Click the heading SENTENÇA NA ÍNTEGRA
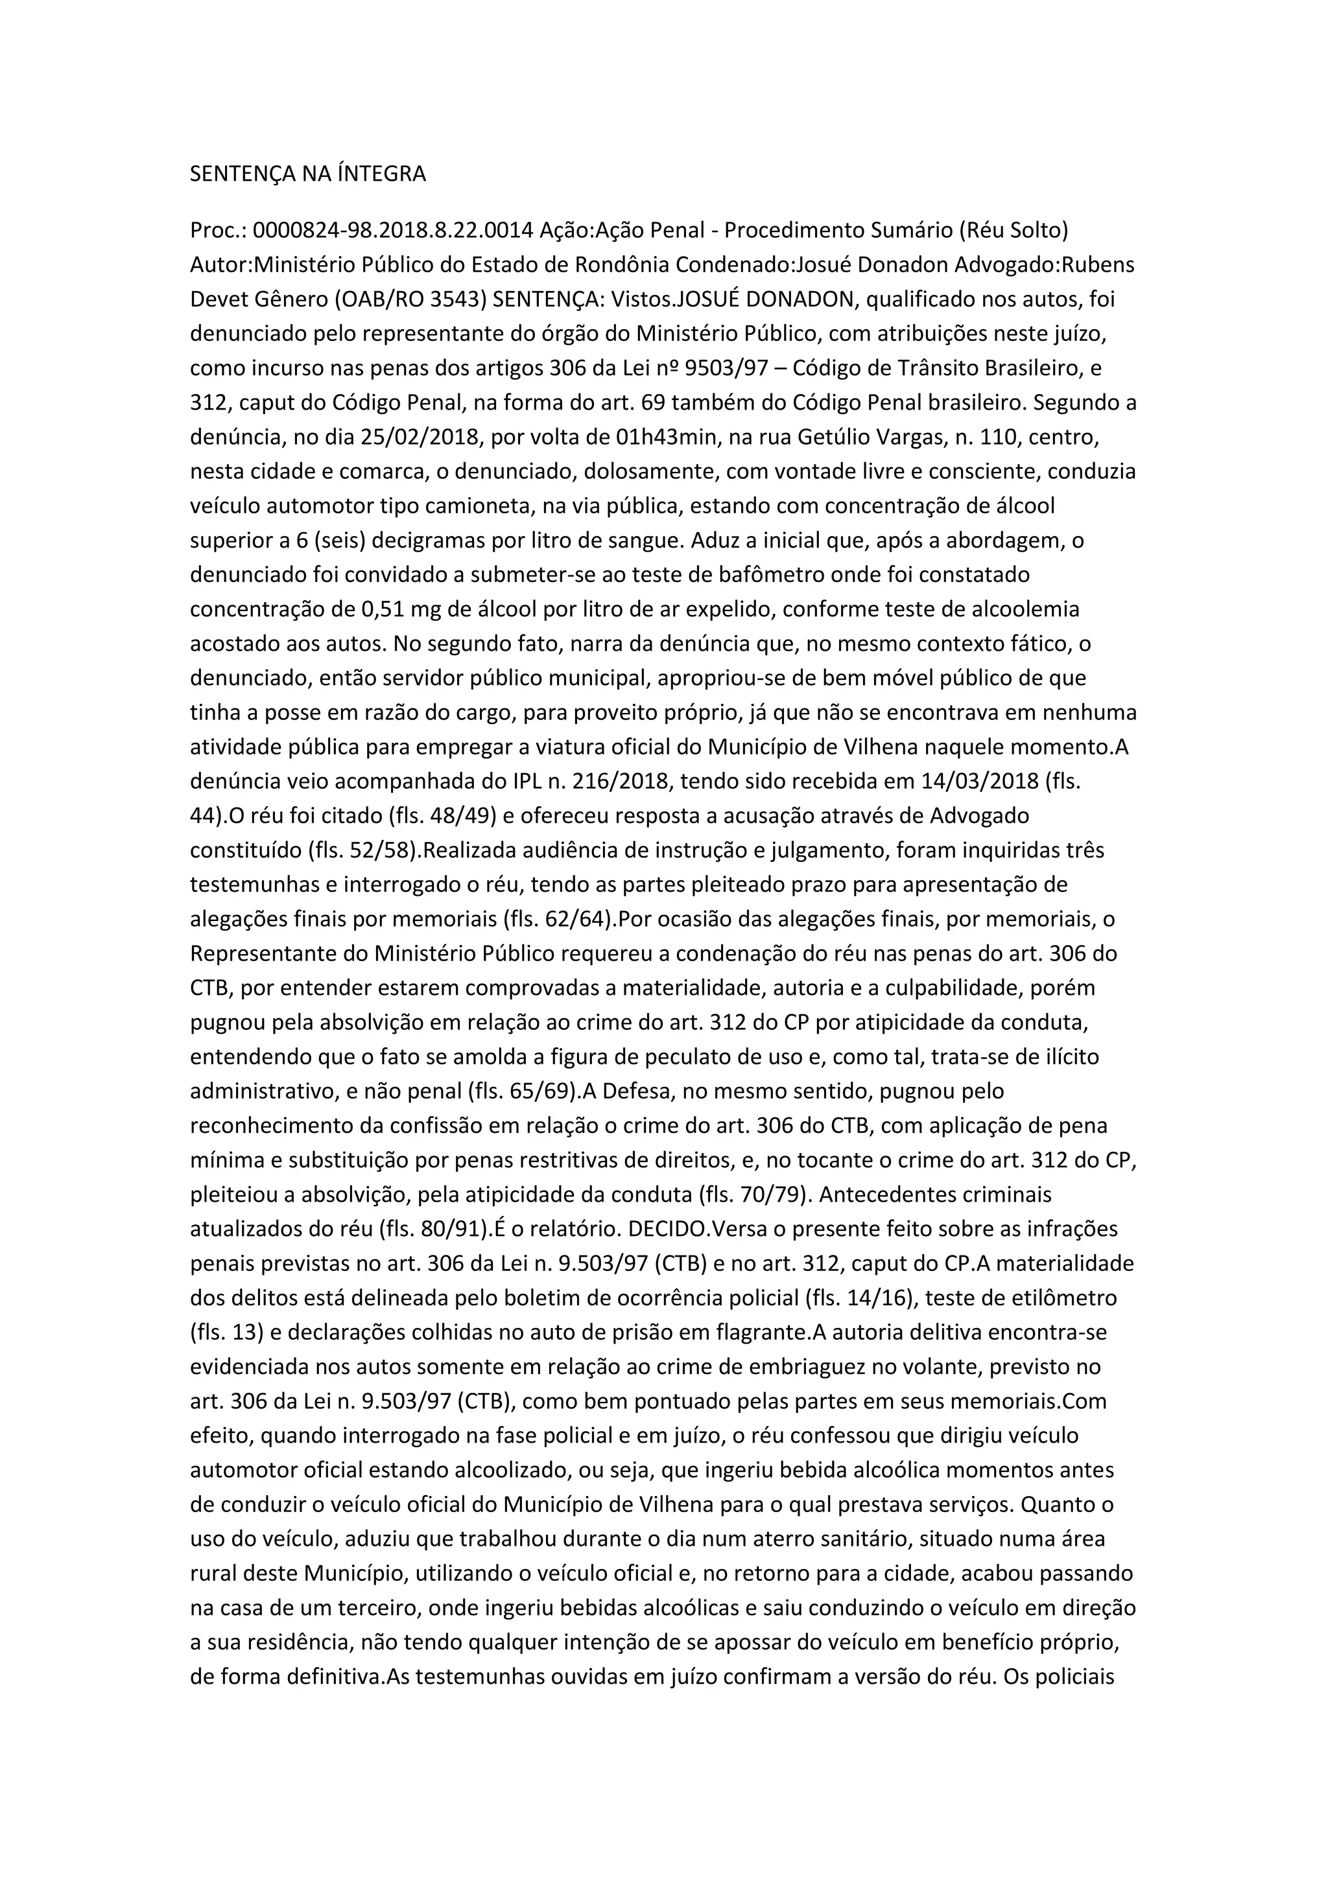307,174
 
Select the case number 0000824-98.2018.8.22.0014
392,231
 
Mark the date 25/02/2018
420,437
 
